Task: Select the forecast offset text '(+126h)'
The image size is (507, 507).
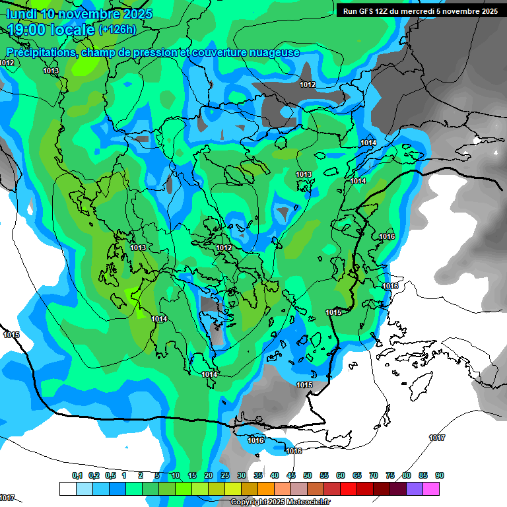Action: point(117,29)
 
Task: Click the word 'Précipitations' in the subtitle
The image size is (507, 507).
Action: point(42,52)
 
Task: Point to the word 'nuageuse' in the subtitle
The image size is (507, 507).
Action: point(273,52)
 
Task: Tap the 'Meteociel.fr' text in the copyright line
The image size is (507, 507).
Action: point(305,502)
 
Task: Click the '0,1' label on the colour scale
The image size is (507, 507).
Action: point(77,475)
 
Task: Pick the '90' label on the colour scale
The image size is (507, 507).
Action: point(439,475)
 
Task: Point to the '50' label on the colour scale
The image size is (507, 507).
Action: point(308,475)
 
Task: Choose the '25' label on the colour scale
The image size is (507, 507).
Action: point(225,475)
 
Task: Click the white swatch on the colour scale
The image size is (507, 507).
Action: point(67,489)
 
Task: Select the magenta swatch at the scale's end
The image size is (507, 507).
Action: point(431,489)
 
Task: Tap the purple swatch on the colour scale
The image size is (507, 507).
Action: point(415,489)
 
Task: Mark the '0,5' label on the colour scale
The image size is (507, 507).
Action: point(110,475)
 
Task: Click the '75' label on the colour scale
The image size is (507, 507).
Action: point(390,475)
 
